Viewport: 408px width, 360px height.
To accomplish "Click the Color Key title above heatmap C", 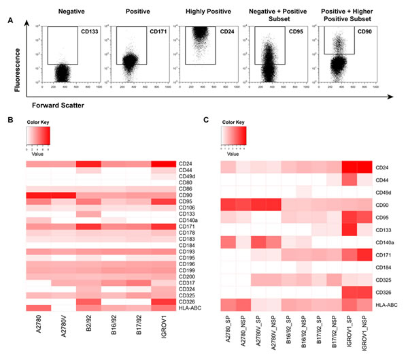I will point(235,122).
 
